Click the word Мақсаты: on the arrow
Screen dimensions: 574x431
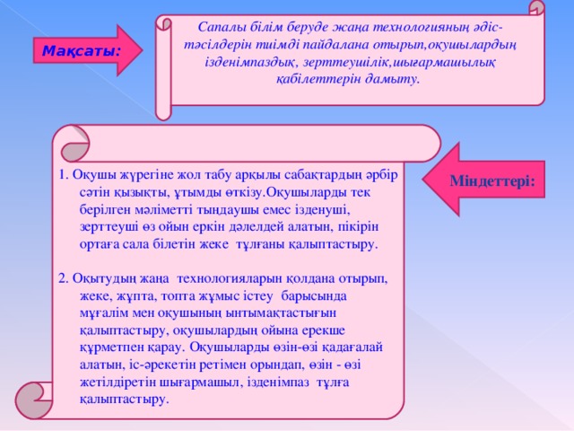click(82, 51)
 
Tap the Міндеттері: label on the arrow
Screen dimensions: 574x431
click(492, 181)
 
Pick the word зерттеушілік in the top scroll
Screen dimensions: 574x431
click(347, 62)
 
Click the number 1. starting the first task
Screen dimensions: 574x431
click(64, 175)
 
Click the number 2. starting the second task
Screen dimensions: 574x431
click(64, 279)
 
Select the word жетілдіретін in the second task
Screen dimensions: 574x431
click(117, 383)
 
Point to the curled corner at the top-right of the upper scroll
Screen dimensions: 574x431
click(536, 8)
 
